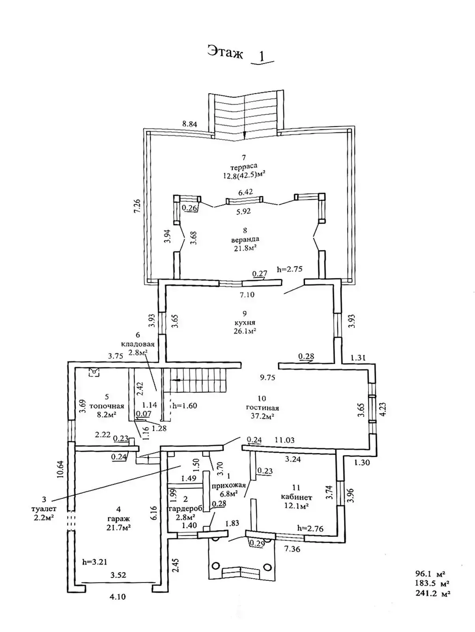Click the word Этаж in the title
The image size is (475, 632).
click(225, 52)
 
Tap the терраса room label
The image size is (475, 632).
click(244, 166)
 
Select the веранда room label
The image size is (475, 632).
click(245, 239)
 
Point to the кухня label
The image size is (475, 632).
click(245, 322)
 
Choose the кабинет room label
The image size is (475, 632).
click(296, 497)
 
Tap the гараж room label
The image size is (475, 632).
click(118, 518)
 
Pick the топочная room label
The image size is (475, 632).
click(107, 406)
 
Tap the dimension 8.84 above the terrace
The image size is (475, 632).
click(189, 124)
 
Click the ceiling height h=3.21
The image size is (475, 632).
click(95, 562)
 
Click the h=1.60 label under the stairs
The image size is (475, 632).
click(185, 406)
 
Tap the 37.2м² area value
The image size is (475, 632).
click(262, 416)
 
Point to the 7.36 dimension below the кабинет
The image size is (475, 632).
click(292, 549)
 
